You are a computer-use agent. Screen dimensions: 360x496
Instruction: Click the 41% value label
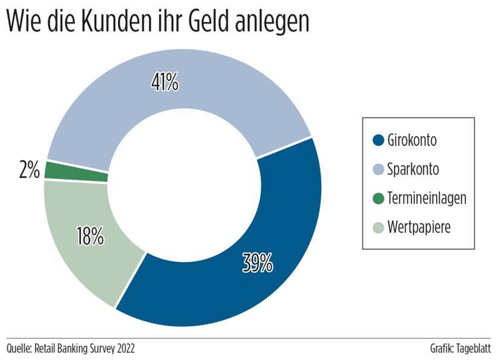coord(165,82)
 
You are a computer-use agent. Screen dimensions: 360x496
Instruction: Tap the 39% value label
coord(258,263)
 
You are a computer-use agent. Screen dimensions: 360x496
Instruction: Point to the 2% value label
coord(29,170)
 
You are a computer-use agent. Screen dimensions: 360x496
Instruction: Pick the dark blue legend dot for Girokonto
coord(379,140)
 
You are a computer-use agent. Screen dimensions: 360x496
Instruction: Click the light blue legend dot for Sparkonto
coord(379,169)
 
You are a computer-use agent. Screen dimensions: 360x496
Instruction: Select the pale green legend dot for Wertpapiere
coord(379,227)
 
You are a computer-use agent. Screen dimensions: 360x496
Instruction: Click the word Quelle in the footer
coord(19,349)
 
